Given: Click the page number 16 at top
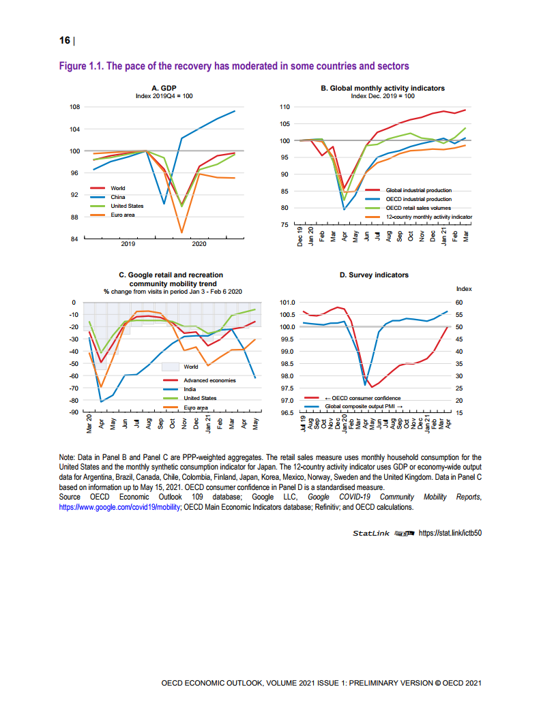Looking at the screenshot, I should [65, 41].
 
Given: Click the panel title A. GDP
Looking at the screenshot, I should [164, 88].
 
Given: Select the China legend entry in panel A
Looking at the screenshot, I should [118, 197].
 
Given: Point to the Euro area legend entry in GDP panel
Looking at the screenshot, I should [123, 215].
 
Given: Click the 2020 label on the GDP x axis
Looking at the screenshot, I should [199, 243].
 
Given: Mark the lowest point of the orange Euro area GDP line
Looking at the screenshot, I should [181, 233].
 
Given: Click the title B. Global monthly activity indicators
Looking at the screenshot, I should [383, 88].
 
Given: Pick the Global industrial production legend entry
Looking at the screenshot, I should [418, 190].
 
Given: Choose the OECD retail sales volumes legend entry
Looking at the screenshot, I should [418, 207].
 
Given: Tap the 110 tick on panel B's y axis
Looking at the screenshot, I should [285, 107].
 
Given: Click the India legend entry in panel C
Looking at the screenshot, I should [191, 389].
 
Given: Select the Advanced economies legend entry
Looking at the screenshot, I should [209, 380].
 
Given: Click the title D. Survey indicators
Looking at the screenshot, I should [374, 275].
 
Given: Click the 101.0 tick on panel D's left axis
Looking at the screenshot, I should [286, 303].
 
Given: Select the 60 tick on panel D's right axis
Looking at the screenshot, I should [459, 303].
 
